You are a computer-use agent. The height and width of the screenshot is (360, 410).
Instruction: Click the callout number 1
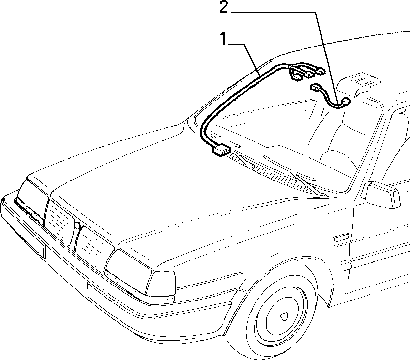pyautogui.click(x=224, y=39)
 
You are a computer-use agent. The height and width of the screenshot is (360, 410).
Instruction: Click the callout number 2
pyautogui.click(x=224, y=7)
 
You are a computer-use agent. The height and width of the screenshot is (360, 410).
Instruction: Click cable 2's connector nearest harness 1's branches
pyautogui.click(x=315, y=88)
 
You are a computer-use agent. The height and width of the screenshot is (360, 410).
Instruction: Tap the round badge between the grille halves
pyautogui.click(x=77, y=225)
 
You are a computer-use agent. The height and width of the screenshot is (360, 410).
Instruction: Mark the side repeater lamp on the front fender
pyautogui.click(x=341, y=238)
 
